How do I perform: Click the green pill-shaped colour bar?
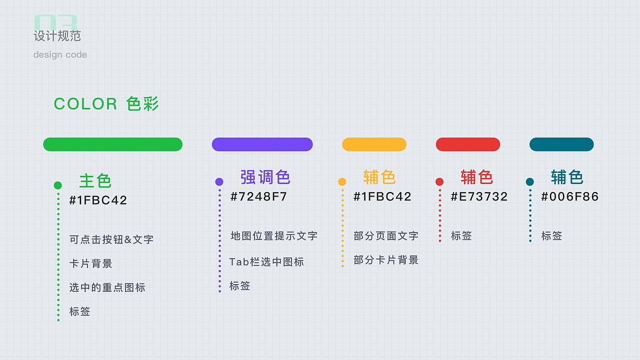pos(112,144)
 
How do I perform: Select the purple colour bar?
pos(262,144)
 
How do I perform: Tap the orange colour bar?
pos(374,144)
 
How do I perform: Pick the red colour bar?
pos(467,144)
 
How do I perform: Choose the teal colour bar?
pos(561,144)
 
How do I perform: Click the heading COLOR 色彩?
pos(106,104)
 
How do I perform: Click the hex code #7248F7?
pos(258,196)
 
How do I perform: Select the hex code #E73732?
pos(479,196)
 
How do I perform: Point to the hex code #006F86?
pos(569,196)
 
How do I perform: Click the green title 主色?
pos(95,180)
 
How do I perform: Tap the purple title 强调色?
pos(265,177)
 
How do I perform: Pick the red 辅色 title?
pos(476,177)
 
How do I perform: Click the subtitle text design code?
pos(60,54)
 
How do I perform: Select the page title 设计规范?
pos(57,36)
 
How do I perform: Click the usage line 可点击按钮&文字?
pos(111,239)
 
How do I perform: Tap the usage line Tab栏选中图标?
pos(266,262)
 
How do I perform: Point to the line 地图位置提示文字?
pos(274,236)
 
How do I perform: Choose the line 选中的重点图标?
pos(107,287)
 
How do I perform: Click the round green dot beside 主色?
pos(58,185)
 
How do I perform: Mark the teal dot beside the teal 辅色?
pos(530,182)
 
